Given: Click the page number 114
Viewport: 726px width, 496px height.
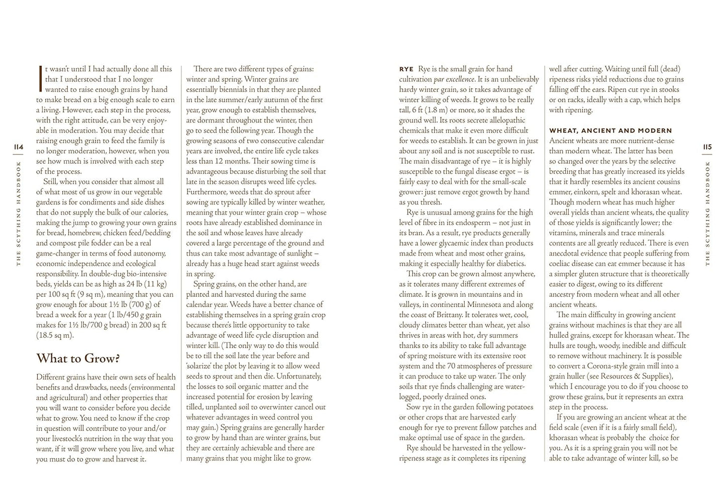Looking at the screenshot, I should [x=19, y=147].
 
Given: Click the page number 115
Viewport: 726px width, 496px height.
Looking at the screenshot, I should [x=707, y=147].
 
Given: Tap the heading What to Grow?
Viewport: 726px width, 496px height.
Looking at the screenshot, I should [x=78, y=359].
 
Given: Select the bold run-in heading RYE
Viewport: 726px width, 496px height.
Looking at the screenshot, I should [x=406, y=69].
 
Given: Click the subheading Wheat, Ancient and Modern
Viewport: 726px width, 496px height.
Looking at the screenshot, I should [x=610, y=131].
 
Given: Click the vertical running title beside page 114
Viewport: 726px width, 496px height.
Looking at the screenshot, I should [x=19, y=213].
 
